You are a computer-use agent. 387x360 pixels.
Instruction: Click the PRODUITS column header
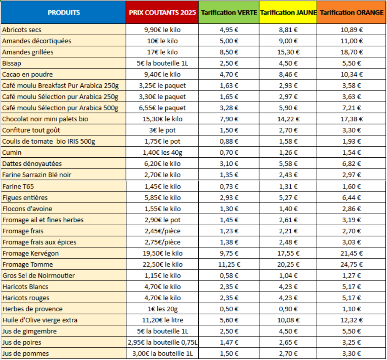(64, 12)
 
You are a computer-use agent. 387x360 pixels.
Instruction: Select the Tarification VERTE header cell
(229, 12)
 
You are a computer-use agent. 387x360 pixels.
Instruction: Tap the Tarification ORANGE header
(352, 12)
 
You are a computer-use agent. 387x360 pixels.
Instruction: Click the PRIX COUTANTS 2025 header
(162, 12)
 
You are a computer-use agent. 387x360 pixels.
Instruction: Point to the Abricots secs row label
(22, 30)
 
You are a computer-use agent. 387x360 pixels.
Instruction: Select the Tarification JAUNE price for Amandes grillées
(288, 52)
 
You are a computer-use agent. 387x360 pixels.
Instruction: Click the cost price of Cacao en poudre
(162, 74)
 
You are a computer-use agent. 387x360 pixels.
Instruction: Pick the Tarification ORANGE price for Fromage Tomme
(352, 264)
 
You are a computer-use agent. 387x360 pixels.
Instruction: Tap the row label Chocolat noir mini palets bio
(45, 119)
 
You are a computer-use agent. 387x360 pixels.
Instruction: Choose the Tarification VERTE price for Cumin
(229, 152)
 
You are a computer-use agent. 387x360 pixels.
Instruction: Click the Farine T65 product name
(18, 187)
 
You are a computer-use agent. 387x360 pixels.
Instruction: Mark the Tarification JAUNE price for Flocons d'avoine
(288, 209)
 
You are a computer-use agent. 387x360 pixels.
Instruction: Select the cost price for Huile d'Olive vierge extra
(162, 320)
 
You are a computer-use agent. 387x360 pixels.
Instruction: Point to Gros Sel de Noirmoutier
(39, 276)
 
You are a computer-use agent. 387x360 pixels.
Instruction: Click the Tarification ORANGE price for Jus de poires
(352, 342)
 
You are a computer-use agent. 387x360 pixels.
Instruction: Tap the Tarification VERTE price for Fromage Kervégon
(229, 253)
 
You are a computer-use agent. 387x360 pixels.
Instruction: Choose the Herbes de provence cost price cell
(162, 309)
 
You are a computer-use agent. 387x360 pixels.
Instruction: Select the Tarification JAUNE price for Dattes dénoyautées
(288, 164)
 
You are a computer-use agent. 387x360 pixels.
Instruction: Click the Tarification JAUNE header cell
(288, 12)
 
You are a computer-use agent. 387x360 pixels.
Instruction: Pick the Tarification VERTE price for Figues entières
(229, 198)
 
